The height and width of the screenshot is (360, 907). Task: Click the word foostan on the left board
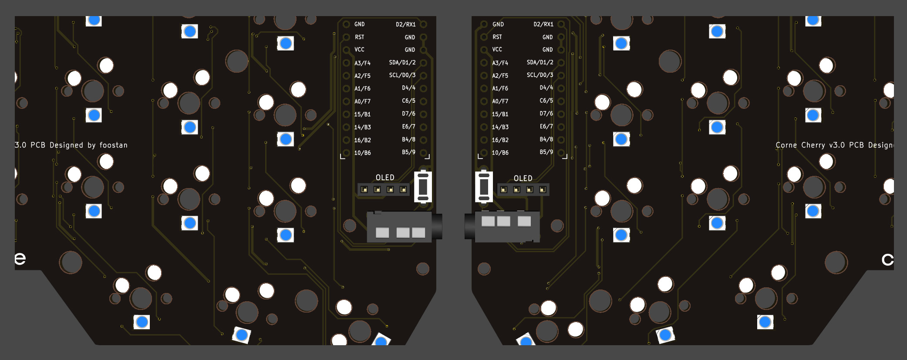coord(113,145)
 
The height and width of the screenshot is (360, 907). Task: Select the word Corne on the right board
coord(786,145)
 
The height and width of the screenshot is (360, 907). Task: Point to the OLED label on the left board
coord(385,178)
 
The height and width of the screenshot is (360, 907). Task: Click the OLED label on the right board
coord(523,178)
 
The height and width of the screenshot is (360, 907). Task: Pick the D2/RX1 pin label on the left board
coord(405,24)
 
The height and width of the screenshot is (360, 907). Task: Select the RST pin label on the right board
coord(497,37)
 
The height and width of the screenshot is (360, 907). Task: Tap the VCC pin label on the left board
coord(359,50)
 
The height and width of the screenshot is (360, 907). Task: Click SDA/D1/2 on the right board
coord(540,62)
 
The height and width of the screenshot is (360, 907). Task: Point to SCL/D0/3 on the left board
coord(402,75)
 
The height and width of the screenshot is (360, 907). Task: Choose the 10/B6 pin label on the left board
coord(362,153)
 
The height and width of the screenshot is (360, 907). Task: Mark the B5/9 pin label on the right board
coord(546,152)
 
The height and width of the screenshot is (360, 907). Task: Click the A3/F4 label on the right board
coord(500,63)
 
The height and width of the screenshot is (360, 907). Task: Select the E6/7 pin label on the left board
coord(408,127)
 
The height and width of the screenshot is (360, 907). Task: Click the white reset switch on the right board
coord(484,187)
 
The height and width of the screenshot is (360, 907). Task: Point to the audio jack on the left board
coord(403,226)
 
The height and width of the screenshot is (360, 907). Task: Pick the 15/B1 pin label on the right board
coord(500,114)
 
